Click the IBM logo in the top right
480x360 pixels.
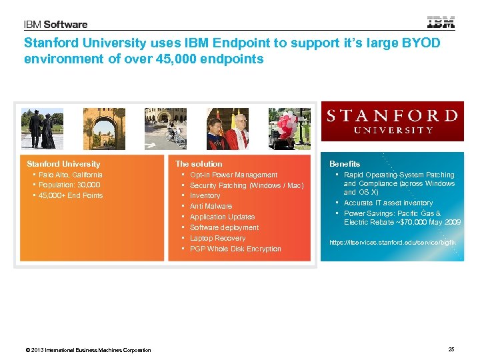tap(441, 23)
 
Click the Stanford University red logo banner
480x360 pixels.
tap(392, 121)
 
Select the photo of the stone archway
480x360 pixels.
tap(104, 129)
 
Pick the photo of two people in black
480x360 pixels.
tap(42, 129)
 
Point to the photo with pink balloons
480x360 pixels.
tap(290, 129)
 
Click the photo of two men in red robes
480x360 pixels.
tap(227, 129)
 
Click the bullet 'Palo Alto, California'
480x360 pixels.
tap(71, 175)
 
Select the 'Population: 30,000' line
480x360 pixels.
tap(69, 185)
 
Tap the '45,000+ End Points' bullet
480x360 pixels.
tap(71, 195)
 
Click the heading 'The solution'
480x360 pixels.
tap(199, 163)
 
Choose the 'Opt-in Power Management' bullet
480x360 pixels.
tap(233, 175)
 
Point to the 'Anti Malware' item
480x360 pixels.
tap(211, 206)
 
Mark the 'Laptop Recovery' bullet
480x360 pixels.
tap(217, 238)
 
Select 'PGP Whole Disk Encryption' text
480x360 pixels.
tap(235, 249)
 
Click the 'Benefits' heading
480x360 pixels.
tap(345, 163)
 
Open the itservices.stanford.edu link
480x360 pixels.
tap(392, 243)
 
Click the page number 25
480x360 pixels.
tap(451, 349)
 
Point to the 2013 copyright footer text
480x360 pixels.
tap(87, 350)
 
